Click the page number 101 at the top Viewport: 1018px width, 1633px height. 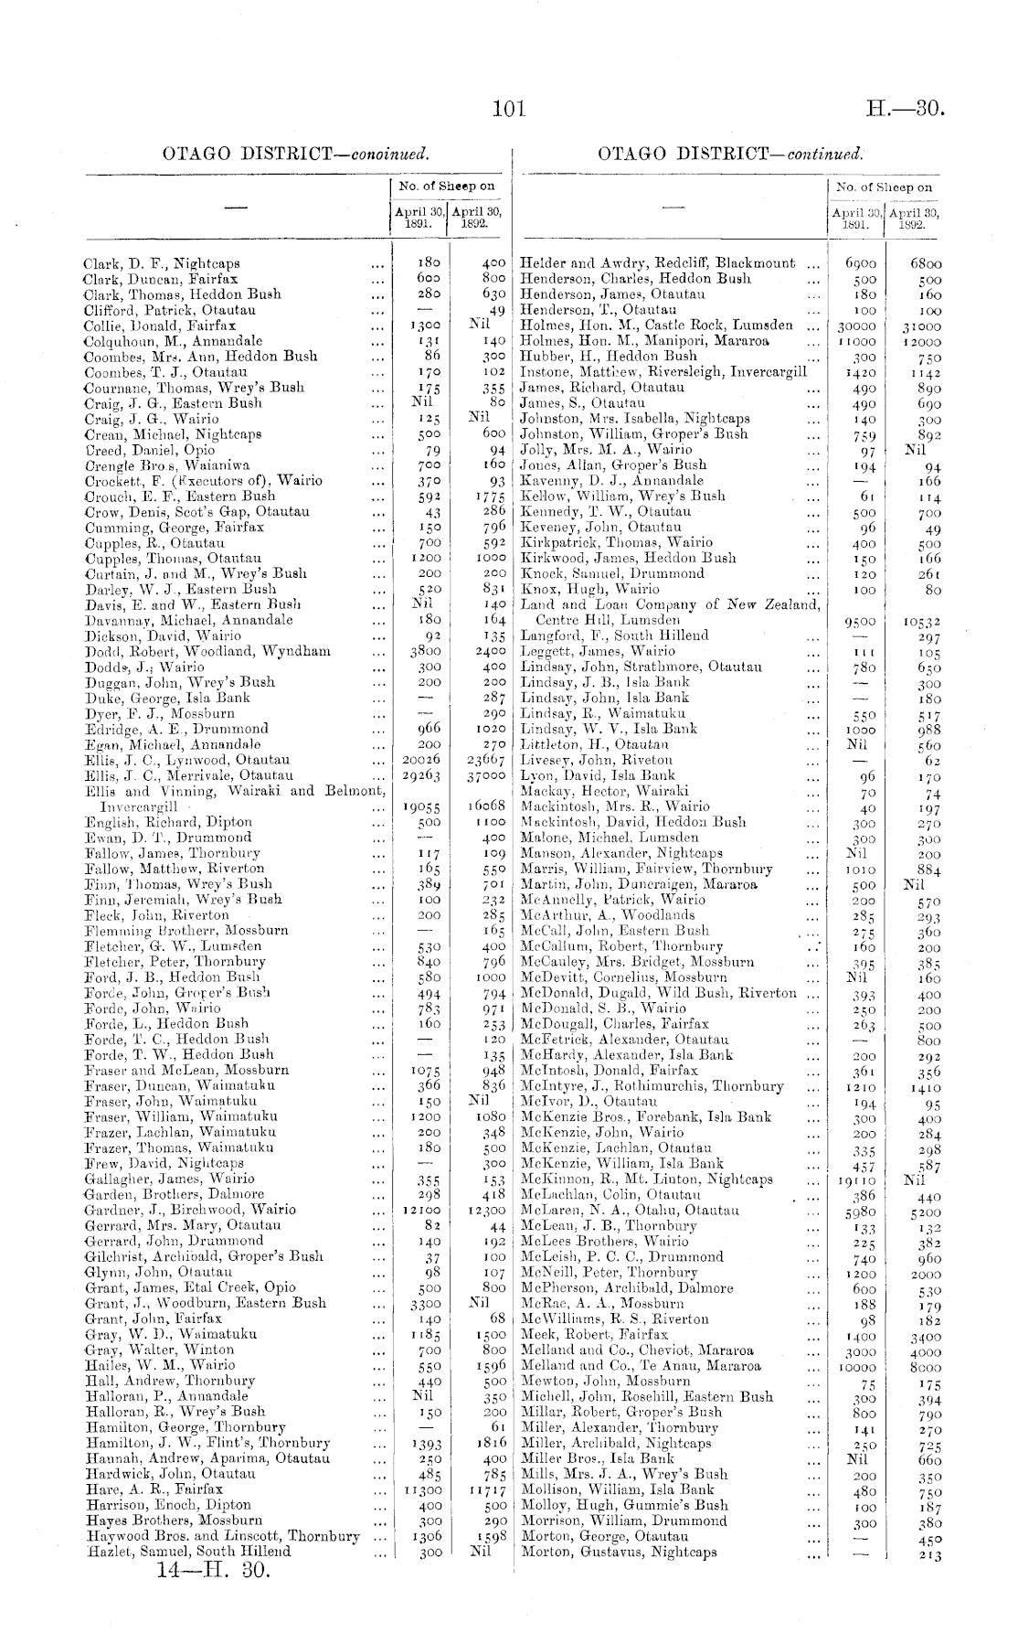(509, 110)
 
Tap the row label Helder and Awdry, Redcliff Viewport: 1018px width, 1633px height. (657, 263)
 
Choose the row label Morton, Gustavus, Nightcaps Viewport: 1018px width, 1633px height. (619, 1552)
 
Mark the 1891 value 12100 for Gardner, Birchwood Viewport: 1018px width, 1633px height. (421, 1211)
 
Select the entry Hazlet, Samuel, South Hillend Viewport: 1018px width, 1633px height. (188, 1551)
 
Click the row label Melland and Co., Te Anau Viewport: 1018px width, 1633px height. (641, 1366)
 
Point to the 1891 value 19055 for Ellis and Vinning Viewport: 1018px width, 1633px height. (421, 807)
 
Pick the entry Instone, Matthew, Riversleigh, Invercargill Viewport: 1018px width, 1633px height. (663, 372)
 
